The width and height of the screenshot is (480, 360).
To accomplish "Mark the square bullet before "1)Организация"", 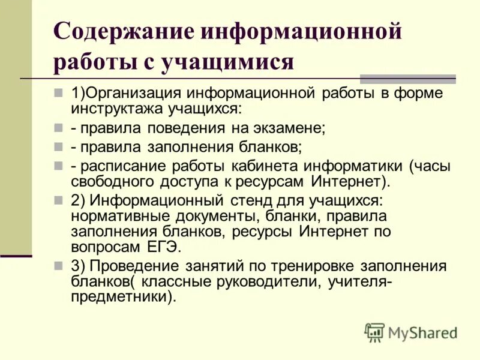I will click(58, 93).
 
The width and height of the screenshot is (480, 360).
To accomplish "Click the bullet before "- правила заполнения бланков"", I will click(58, 146).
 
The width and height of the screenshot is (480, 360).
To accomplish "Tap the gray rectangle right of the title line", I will click(407, 79).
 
